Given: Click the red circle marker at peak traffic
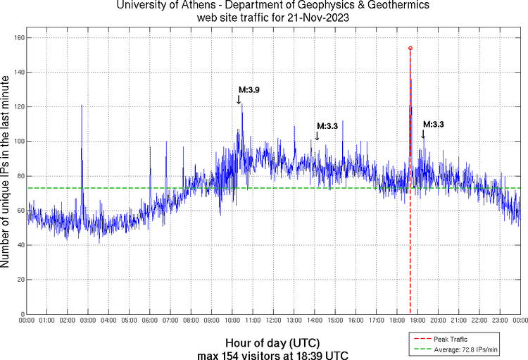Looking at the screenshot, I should (410, 48).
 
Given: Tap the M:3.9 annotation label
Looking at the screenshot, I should (249, 90).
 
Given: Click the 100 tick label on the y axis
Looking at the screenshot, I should (19, 141).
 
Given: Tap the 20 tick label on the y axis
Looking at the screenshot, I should (20, 280).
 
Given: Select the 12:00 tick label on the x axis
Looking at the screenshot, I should (273, 321).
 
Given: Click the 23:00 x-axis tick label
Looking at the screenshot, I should (499, 321).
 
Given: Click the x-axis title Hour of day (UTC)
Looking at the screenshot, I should (273, 342).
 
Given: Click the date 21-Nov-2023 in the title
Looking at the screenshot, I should (318, 17).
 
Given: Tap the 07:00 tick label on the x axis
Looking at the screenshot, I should (170, 321).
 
